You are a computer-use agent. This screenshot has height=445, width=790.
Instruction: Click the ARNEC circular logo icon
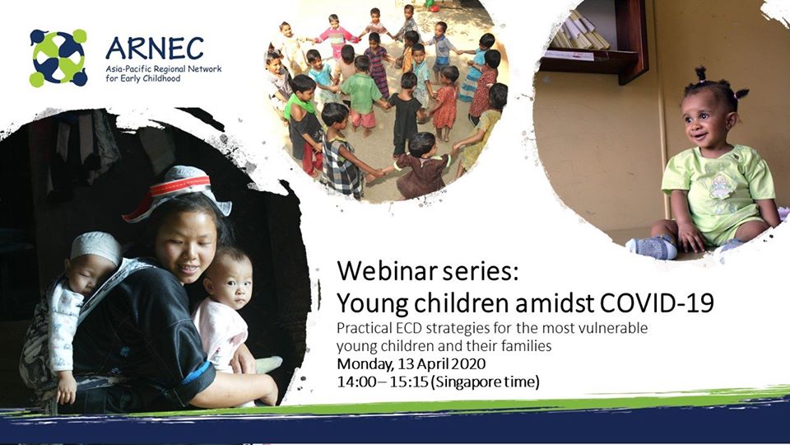(58, 58)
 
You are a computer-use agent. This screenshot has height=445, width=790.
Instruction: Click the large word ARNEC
(155, 49)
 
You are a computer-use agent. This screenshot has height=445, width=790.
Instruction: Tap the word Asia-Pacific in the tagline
(124, 69)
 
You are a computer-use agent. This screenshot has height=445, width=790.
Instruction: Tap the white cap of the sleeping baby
(95, 246)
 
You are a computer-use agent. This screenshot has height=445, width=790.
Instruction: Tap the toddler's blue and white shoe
(653, 247)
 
